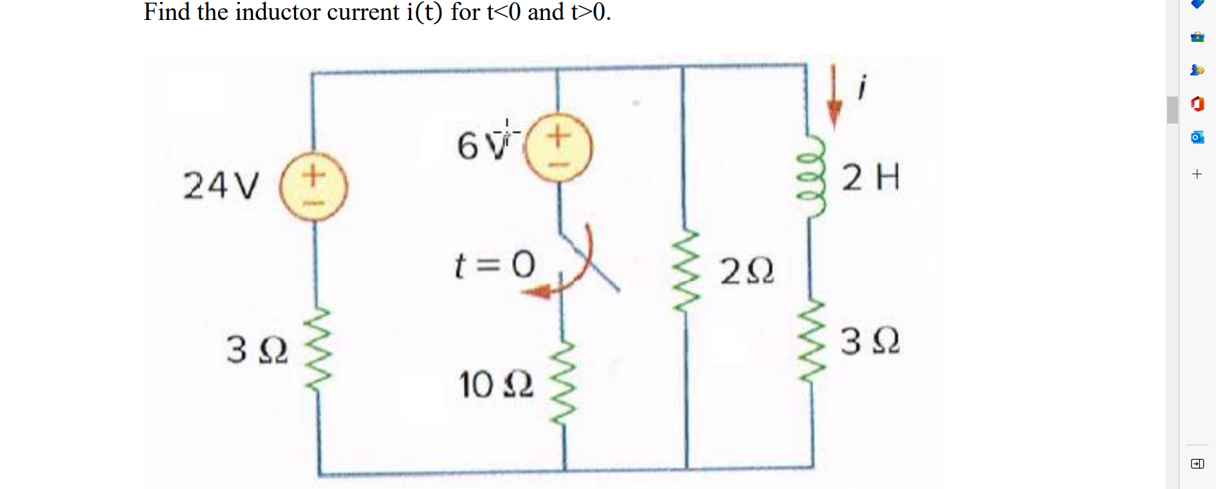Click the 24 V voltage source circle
pos(314,187)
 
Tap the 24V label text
pos(221,186)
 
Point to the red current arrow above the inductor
pos(834,97)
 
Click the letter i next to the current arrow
pos(862,87)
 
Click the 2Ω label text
pos(747,272)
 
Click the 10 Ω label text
pos(495,385)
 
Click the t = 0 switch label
pos(494,264)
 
